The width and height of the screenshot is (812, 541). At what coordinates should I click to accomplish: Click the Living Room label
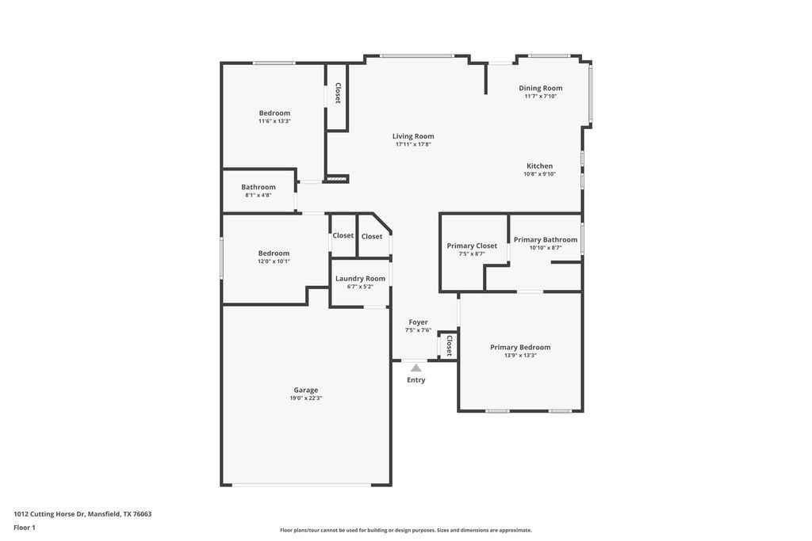413,136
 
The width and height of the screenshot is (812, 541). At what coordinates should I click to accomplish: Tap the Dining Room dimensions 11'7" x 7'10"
541,96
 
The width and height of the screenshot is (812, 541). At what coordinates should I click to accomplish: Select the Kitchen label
539,166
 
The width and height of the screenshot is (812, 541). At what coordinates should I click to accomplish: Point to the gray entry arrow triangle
416,368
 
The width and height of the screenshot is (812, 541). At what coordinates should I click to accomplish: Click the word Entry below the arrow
416,380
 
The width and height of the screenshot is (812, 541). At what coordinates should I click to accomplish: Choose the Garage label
306,391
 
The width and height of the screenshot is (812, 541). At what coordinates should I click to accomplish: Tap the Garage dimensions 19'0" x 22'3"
306,398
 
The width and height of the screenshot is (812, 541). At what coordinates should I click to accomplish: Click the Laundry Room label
361,279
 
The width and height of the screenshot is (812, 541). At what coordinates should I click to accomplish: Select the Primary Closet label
472,246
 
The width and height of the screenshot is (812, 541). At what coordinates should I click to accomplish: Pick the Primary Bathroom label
546,240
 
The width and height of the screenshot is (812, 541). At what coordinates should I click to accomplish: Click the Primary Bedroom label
520,348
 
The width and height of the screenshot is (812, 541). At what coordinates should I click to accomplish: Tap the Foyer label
418,322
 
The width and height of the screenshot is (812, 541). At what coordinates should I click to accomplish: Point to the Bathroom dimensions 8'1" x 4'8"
259,196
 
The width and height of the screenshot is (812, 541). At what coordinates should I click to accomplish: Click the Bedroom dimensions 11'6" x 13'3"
274,121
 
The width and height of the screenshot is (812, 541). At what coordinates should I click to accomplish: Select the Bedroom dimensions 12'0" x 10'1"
274,261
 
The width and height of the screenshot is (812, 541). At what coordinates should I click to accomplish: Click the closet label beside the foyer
449,345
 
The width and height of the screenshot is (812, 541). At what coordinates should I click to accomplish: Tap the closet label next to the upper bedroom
338,93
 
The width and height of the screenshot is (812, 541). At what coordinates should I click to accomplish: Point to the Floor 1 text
25,528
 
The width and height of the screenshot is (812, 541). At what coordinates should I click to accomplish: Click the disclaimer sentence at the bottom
406,530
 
